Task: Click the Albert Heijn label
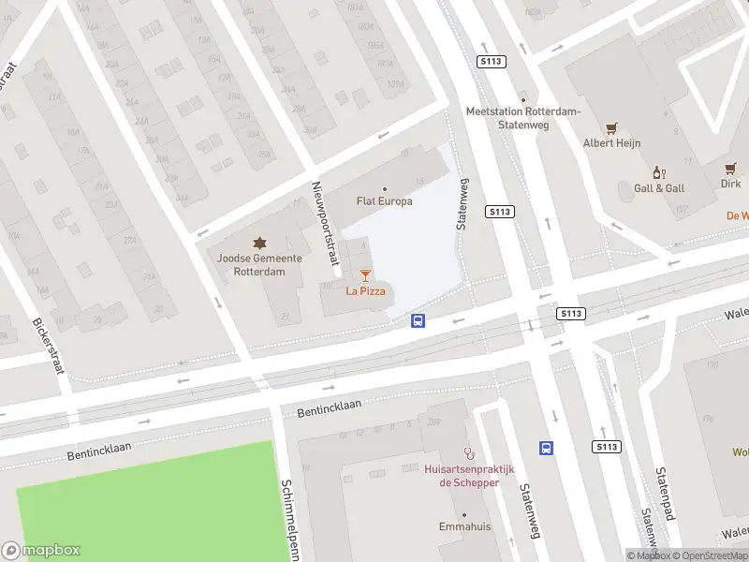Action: point(610,143)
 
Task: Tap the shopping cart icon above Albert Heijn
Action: point(611,128)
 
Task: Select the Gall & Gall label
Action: point(658,187)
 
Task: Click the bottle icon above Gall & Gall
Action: point(658,172)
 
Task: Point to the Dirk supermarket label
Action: point(730,185)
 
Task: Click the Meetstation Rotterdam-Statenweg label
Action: point(523,118)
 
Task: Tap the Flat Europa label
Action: point(384,200)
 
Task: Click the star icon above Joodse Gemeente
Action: point(258,244)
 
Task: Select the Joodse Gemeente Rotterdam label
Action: point(258,265)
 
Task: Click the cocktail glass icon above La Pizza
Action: point(365,275)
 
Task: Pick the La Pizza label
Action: point(365,291)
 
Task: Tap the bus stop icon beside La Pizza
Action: point(419,321)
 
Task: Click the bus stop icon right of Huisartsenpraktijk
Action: point(547,448)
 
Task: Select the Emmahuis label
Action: point(464,527)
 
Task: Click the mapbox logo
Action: point(41,551)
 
